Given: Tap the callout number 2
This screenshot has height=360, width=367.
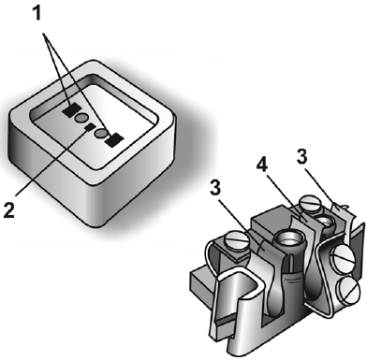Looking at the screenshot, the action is (9, 209).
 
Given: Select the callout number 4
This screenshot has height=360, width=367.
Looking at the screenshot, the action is (262, 165).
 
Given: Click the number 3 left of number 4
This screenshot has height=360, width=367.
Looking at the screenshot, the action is (215, 187).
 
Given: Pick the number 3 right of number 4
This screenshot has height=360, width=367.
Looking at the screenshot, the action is (301, 157).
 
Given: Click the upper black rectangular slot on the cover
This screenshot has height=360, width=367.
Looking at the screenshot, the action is (71, 110).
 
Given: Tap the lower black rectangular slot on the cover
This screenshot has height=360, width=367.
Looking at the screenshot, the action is (114, 140).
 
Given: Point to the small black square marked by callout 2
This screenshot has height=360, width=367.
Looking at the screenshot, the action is (90, 127).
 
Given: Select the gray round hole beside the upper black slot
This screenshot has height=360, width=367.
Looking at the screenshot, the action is (81, 118).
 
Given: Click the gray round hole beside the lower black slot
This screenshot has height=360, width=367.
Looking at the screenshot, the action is (101, 134).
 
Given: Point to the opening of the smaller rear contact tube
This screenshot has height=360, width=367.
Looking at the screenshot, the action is (326, 222).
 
